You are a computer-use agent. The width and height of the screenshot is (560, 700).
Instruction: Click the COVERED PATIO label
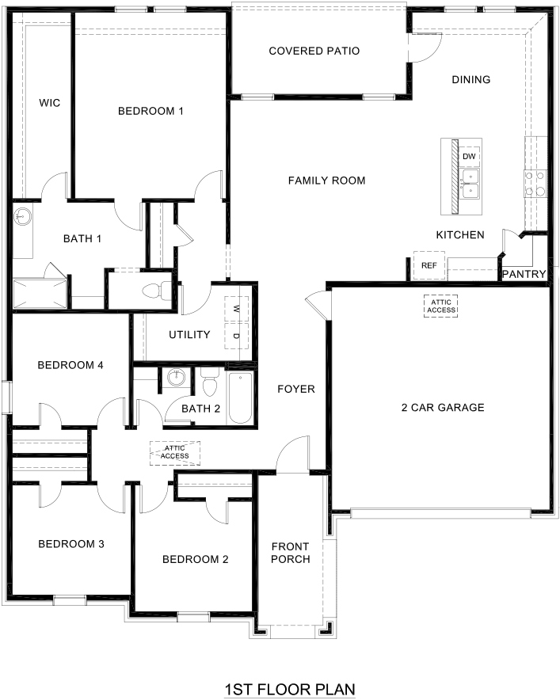click(x=314, y=51)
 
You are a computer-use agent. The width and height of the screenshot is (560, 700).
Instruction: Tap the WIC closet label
click(x=50, y=103)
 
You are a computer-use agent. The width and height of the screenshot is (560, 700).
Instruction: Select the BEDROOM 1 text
click(x=150, y=111)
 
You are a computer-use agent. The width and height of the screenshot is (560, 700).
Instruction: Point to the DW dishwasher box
click(x=469, y=157)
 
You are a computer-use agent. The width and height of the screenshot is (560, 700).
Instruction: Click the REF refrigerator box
click(x=429, y=265)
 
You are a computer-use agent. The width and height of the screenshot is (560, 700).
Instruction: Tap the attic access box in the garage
click(x=440, y=306)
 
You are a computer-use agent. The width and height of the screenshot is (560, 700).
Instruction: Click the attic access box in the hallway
click(x=175, y=453)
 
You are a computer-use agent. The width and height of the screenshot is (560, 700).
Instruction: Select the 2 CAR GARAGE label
click(x=442, y=408)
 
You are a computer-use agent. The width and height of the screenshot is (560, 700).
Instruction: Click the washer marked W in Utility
click(x=236, y=309)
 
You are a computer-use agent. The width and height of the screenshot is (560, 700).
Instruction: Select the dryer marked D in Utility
click(x=236, y=336)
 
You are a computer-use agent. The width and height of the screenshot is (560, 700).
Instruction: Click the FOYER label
click(x=296, y=389)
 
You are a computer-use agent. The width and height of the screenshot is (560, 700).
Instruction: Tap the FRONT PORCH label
click(x=291, y=553)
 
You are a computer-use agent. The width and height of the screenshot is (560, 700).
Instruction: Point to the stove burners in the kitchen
click(x=534, y=184)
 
